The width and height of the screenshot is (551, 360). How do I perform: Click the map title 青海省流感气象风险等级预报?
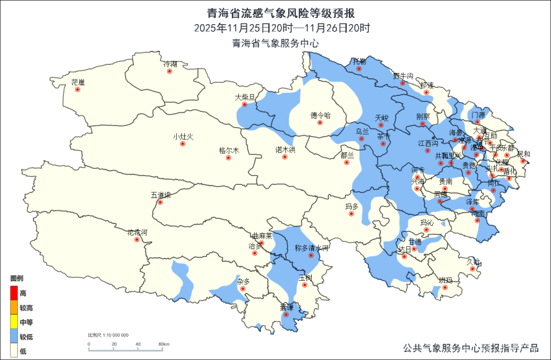point(275,13)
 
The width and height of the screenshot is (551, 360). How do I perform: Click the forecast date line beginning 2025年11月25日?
point(275,28)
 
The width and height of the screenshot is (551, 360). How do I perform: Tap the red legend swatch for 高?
point(14,293)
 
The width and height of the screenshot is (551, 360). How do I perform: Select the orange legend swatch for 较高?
point(14,307)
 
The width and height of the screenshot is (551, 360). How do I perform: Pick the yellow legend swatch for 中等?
point(14,322)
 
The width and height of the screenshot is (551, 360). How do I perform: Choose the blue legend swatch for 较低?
point(14,336)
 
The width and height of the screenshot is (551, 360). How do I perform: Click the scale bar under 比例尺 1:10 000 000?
point(126,349)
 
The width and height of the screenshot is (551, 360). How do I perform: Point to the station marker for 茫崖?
point(78,90)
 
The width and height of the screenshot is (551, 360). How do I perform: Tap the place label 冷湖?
point(170,64)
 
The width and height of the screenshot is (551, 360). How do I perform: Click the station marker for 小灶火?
point(183,144)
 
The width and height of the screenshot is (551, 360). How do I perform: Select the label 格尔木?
point(228,150)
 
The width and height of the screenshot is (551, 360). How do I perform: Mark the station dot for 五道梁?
point(161,203)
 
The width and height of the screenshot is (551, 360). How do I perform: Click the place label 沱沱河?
point(137,233)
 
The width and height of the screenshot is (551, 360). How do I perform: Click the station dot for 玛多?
point(352,214)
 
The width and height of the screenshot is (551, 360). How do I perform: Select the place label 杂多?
point(243,281)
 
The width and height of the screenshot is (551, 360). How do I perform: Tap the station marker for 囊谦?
point(286,315)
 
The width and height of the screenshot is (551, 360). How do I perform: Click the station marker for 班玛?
point(445,288)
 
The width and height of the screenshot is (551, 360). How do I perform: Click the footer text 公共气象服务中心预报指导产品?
point(471,348)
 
